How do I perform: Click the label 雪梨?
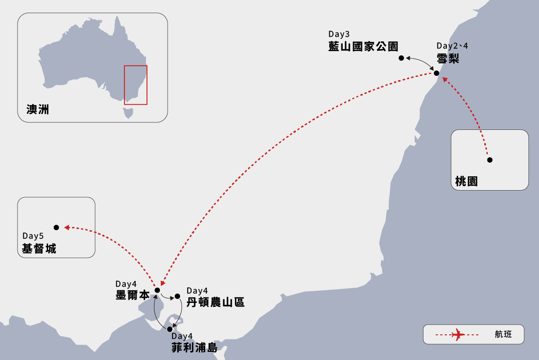point(447,58)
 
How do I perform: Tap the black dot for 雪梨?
point(436,73)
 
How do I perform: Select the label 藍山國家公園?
point(363,46)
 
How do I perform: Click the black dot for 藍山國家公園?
point(402,58)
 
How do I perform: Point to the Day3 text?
point(339,34)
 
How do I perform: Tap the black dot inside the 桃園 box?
point(490,160)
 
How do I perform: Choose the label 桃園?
point(466,181)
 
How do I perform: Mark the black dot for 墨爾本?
point(157,290)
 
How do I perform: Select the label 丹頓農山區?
point(216,302)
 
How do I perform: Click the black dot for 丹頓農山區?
point(177,296)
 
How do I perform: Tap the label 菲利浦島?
point(194,347)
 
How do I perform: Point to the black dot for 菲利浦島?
point(170,329)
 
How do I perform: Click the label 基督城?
point(39,248)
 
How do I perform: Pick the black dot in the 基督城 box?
point(56,227)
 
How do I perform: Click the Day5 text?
point(33,236)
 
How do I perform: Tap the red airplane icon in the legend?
point(458,334)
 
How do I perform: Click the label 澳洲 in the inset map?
point(38,109)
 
